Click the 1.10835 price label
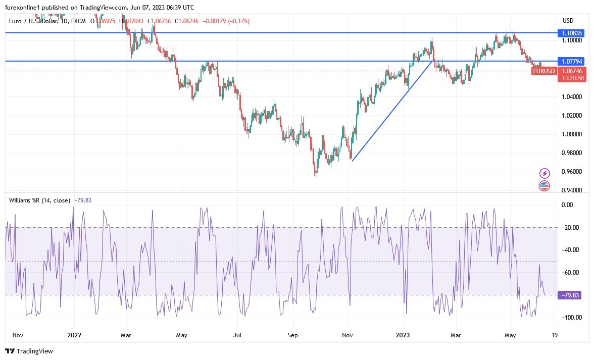click(x=572, y=33)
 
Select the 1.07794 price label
click(x=572, y=61)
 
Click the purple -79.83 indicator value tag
click(x=568, y=295)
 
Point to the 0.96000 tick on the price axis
click(x=572, y=172)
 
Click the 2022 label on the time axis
click(x=74, y=334)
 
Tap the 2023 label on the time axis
click(x=403, y=334)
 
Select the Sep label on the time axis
click(x=291, y=334)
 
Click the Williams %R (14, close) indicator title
click(x=39, y=200)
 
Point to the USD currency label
click(x=568, y=21)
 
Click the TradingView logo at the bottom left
click(x=29, y=351)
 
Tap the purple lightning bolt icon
click(x=544, y=173)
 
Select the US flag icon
click(x=544, y=185)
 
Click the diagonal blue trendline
click(x=393, y=111)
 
